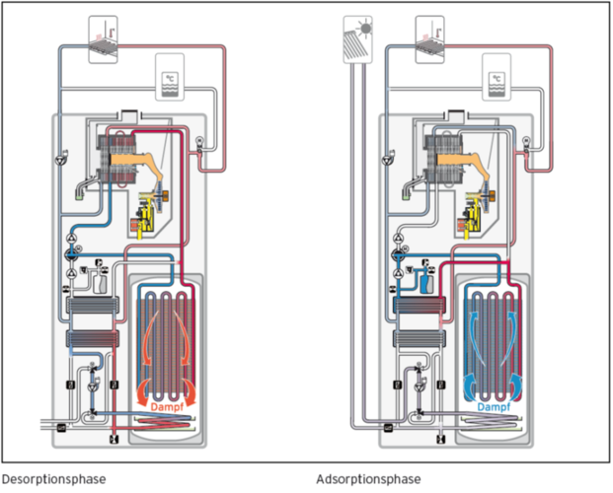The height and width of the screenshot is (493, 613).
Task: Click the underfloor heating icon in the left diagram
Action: [104, 38]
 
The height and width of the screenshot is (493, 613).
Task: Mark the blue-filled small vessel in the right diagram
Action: [425, 282]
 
